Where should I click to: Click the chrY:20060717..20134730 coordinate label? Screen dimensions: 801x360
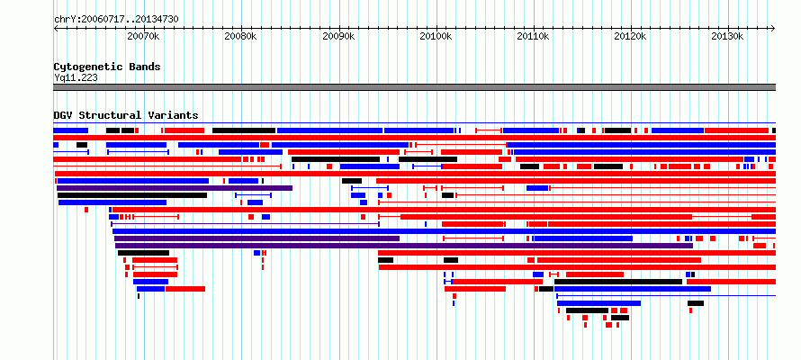[x=116, y=20]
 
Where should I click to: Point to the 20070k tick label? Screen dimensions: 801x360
[x=144, y=37]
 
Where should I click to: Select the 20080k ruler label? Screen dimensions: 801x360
[x=241, y=37]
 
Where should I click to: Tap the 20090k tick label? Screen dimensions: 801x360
[x=339, y=37]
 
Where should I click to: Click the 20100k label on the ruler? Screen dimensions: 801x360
[x=436, y=37]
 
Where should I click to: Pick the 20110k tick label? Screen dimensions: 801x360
[x=534, y=37]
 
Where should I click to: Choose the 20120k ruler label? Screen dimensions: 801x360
[x=631, y=37]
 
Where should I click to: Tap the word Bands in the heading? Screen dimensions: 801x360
[x=145, y=67]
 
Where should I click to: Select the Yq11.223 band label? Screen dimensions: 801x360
[x=76, y=78]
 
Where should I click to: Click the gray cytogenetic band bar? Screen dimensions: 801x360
[x=415, y=87]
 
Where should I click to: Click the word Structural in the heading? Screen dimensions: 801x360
[x=111, y=115]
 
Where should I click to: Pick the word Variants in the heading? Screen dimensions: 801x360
[x=173, y=115]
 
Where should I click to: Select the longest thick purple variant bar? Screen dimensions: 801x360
[x=404, y=246]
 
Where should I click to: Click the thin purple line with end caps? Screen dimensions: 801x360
[x=245, y=224]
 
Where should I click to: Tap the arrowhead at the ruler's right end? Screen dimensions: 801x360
[x=773, y=29]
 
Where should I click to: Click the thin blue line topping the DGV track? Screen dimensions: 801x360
[x=415, y=123]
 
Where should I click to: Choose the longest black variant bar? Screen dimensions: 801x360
[x=132, y=195]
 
